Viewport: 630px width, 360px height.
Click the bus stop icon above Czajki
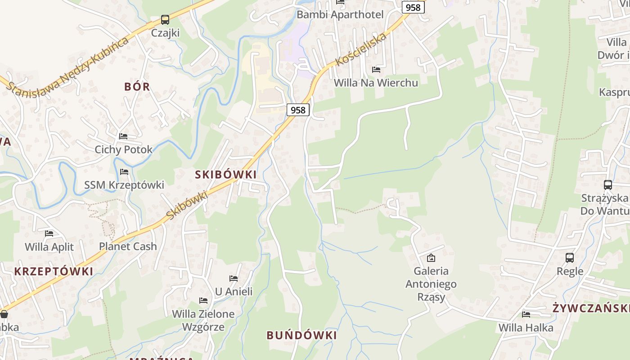(x=165, y=20)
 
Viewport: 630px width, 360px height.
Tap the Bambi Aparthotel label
(x=340, y=14)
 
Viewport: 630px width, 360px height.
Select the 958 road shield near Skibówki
(x=298, y=110)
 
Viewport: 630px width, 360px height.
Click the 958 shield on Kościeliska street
(x=413, y=7)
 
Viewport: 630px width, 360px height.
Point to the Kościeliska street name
(x=361, y=49)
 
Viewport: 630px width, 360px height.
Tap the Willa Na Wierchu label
(x=376, y=83)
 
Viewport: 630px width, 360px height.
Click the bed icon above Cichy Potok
(x=123, y=136)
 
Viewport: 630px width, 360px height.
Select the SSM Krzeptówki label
(x=124, y=185)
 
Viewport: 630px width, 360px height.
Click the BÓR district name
(x=137, y=86)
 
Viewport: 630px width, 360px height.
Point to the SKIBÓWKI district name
(x=225, y=175)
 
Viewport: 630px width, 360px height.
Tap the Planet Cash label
(x=128, y=246)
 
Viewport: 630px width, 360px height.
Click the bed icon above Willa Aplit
(x=49, y=234)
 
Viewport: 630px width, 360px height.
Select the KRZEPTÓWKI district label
(x=54, y=271)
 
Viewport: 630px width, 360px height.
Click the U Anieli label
(x=234, y=292)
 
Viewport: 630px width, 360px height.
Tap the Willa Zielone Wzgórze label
(x=203, y=320)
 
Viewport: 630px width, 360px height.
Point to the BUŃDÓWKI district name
(x=301, y=335)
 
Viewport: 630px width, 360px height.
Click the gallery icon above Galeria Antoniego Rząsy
(x=431, y=258)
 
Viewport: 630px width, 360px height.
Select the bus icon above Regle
(x=570, y=258)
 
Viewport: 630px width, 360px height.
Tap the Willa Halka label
(x=526, y=328)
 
